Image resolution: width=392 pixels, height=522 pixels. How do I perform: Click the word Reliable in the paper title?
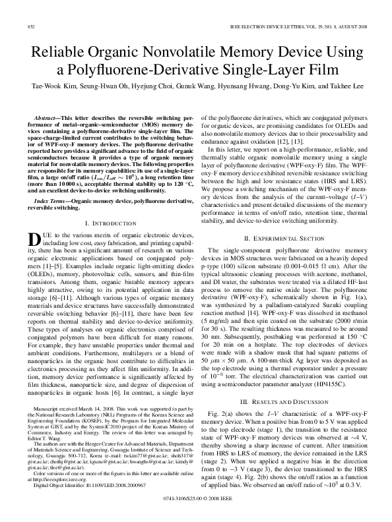74,51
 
